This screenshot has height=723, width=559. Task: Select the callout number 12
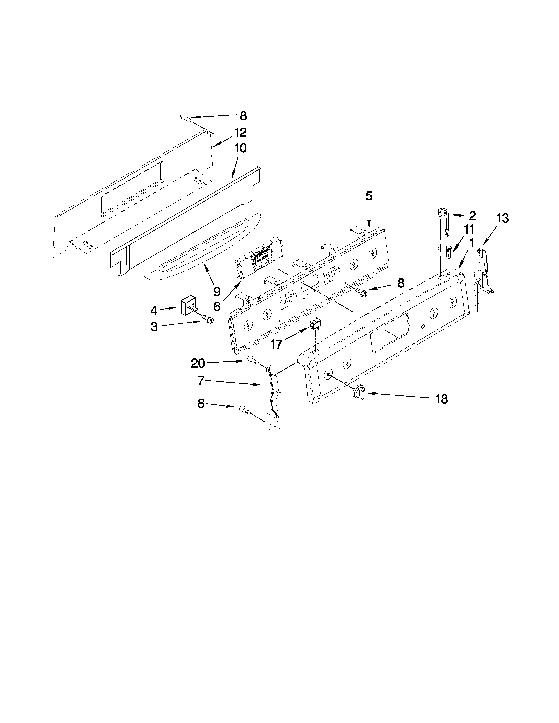click(240, 133)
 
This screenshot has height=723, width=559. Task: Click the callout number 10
click(240, 148)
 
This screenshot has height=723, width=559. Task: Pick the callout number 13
click(502, 218)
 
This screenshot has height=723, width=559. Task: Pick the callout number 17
click(276, 344)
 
